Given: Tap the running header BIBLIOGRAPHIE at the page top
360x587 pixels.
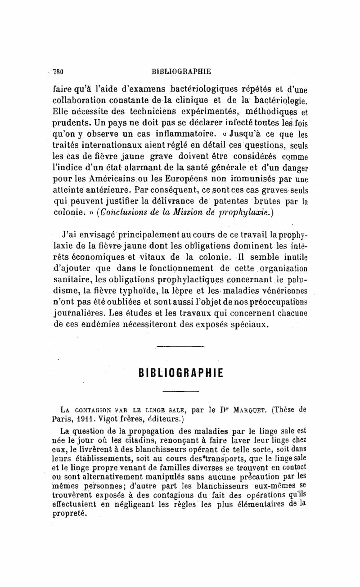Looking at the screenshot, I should tap(181, 71).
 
